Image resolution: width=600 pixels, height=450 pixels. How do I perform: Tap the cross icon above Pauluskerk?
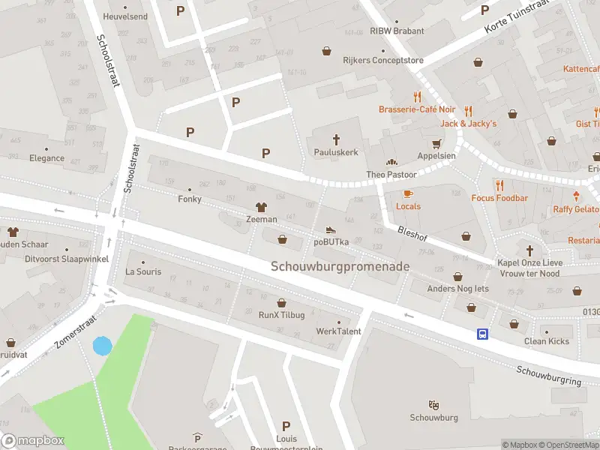pyautogui.click(x=336, y=139)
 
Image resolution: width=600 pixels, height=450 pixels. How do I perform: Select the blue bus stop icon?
pyautogui.click(x=482, y=334)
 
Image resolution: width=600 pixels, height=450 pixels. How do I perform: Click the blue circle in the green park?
pyautogui.click(x=102, y=346)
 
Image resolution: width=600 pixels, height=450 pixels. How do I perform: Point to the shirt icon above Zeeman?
pyautogui.click(x=262, y=207)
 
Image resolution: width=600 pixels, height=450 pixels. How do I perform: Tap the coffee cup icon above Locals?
pyautogui.click(x=408, y=194)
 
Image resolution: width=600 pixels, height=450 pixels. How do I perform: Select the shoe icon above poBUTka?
pyautogui.click(x=331, y=230)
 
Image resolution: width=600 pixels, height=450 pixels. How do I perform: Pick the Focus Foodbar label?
pyautogui.click(x=499, y=198)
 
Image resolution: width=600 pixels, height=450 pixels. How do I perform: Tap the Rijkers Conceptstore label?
pyautogui.click(x=383, y=61)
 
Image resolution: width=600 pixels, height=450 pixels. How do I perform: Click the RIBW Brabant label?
pyautogui.click(x=397, y=31)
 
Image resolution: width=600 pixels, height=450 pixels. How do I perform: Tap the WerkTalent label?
pyautogui.click(x=338, y=331)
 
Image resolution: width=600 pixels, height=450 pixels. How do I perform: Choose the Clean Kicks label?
pyautogui.click(x=546, y=341)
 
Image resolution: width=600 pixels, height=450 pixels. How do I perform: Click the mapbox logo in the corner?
pyautogui.click(x=33, y=441)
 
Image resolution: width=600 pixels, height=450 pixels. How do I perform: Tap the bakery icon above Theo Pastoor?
pyautogui.click(x=390, y=162)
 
